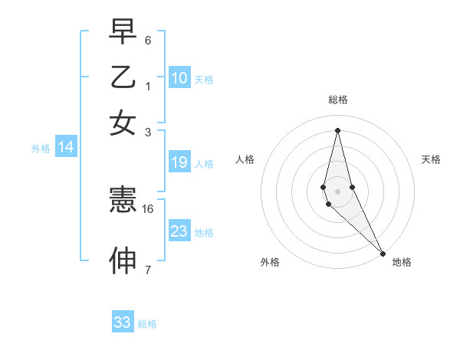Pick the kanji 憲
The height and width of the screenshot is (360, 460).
(123, 201)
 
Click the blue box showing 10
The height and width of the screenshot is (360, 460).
(179, 78)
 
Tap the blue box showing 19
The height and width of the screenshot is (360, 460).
(179, 162)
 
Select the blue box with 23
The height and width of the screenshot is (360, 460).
(179, 231)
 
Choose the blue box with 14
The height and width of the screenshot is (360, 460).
(66, 148)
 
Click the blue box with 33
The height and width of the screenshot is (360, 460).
(123, 322)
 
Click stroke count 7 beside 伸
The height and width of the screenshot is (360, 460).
(148, 270)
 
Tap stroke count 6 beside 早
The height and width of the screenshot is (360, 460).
(148, 40)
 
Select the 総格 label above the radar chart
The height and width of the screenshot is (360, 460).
(338, 100)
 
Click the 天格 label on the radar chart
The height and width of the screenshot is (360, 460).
(431, 159)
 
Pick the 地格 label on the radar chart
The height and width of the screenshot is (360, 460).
(402, 262)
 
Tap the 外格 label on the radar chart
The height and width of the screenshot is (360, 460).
(270, 262)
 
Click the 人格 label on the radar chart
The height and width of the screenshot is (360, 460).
(245, 159)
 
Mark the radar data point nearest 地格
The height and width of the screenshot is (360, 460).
(383, 253)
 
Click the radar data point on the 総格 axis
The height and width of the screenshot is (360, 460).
(337, 130)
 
